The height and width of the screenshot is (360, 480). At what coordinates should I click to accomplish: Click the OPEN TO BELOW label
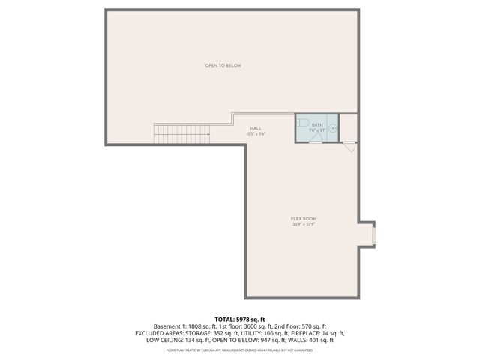click(223, 66)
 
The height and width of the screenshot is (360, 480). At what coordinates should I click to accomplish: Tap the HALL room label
click(256, 128)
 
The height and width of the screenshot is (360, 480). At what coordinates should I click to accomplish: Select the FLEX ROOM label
click(304, 218)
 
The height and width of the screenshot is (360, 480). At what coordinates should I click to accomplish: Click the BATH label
click(317, 124)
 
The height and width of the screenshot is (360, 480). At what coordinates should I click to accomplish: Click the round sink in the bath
click(334, 130)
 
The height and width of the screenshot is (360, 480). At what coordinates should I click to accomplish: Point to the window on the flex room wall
click(373, 233)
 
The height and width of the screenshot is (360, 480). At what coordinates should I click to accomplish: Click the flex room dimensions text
click(304, 224)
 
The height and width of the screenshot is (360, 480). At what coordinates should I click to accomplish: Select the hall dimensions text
click(256, 134)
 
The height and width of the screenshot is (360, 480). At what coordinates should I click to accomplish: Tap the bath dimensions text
click(317, 130)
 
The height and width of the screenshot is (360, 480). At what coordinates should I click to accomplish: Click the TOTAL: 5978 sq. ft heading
click(239, 319)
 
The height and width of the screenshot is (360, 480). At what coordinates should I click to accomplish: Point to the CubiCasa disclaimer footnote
click(239, 349)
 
